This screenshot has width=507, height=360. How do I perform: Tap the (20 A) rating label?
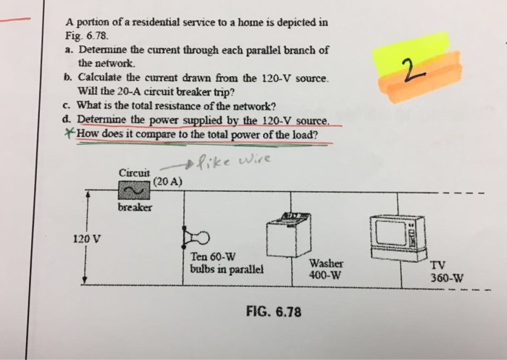pyautogui.click(x=167, y=180)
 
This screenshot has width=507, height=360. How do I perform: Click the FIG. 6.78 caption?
pyautogui.click(x=273, y=313)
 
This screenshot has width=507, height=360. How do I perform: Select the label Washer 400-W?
pyautogui.click(x=324, y=270)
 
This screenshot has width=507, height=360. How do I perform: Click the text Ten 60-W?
pyautogui.click(x=209, y=256)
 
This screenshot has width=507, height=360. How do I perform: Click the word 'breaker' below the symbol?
pyautogui.click(x=135, y=208)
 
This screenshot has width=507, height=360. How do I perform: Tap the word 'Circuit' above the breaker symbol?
pyautogui.click(x=134, y=172)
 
